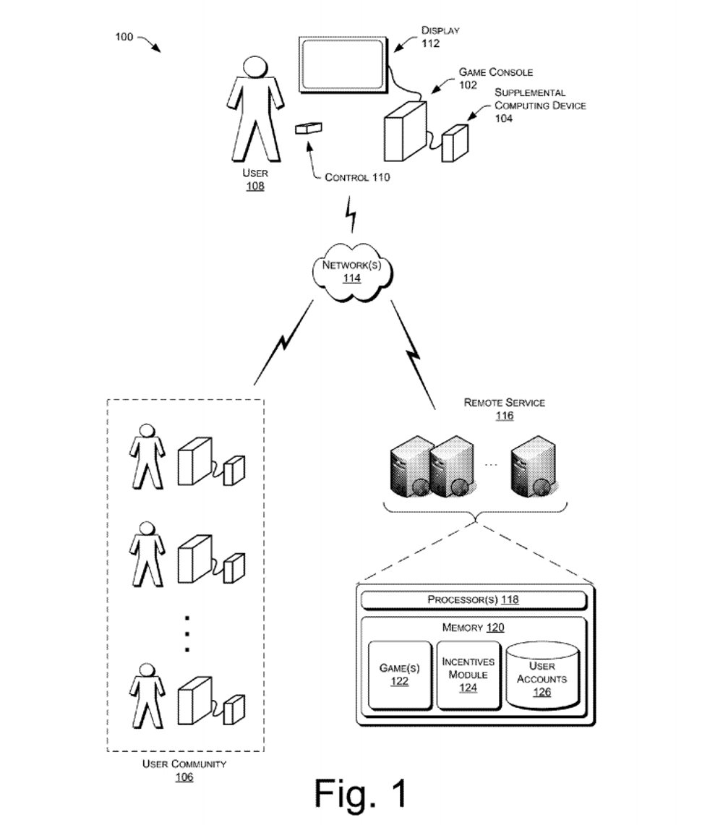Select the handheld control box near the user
[x=309, y=128]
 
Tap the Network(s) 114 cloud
[x=352, y=271]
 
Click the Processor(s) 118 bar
[x=473, y=600]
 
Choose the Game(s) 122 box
[x=400, y=674]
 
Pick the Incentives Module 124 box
[x=469, y=674]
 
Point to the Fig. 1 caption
[x=361, y=794]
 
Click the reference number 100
[x=124, y=37]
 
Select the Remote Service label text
[x=505, y=403]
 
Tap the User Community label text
[x=184, y=764]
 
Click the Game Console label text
[x=496, y=72]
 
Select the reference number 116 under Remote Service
[x=505, y=416]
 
